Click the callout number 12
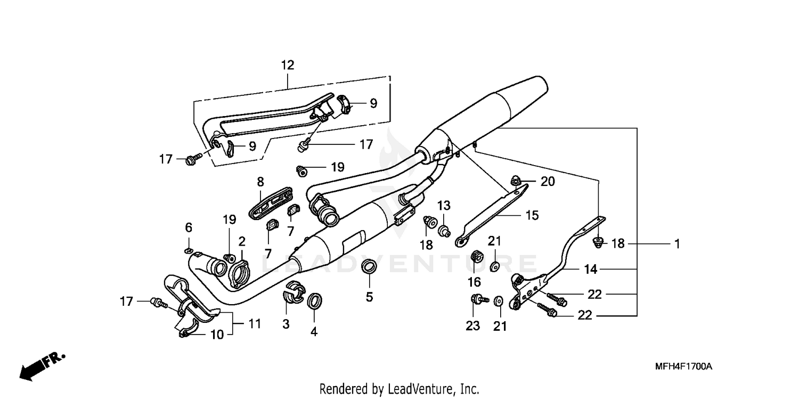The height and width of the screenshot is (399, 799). click(x=287, y=66)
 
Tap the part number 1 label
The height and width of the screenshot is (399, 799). click(x=676, y=244)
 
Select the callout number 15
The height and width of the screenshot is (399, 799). click(x=532, y=215)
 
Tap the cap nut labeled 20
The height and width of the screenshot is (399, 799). click(x=516, y=181)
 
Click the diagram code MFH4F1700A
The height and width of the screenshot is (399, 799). click(x=684, y=367)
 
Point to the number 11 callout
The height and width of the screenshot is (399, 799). click(x=255, y=323)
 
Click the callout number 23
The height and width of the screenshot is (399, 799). click(x=473, y=326)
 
